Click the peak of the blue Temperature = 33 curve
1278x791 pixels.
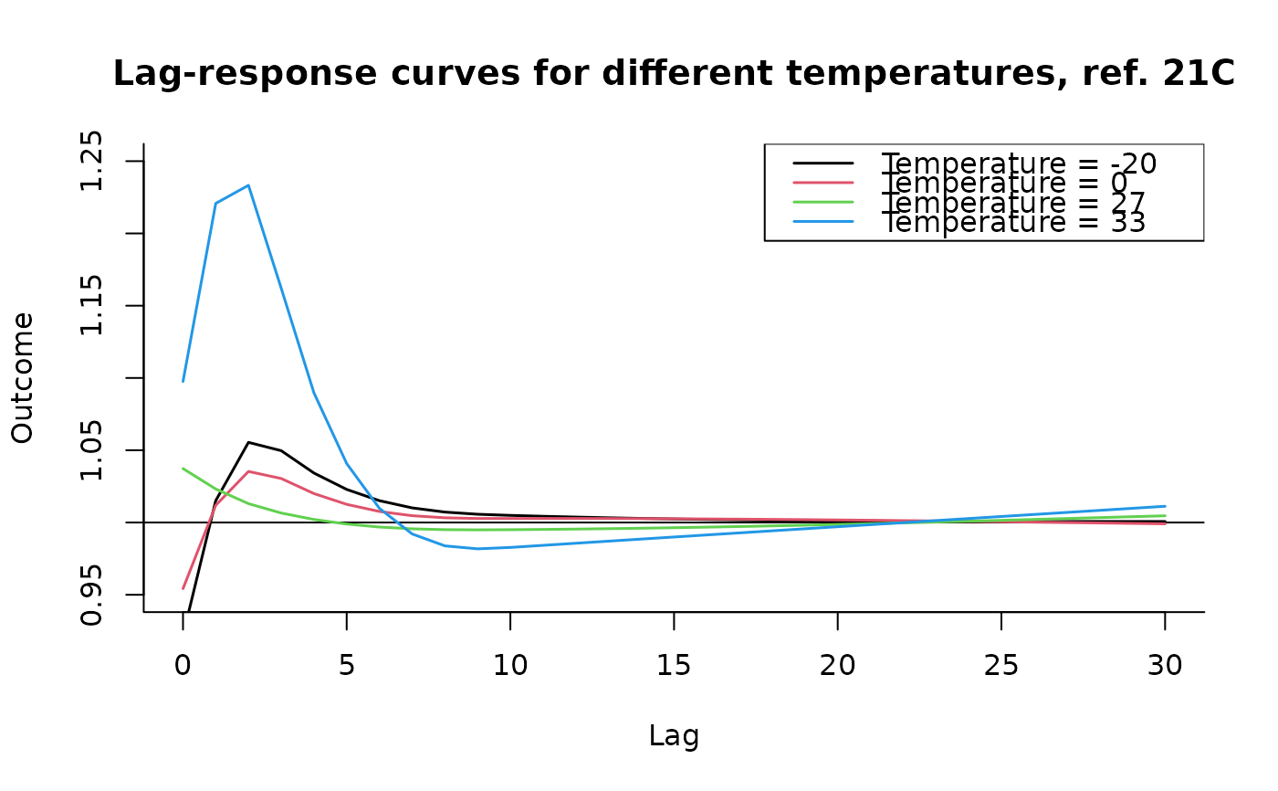click(x=248, y=185)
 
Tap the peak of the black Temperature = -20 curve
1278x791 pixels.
click(x=248, y=442)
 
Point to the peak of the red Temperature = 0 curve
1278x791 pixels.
click(x=248, y=471)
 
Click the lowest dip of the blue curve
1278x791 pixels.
click(x=477, y=548)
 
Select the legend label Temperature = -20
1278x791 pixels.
click(x=1019, y=163)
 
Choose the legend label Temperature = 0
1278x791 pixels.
click(x=1004, y=183)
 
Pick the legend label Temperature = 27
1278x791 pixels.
click(x=1013, y=202)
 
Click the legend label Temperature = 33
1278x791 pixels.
click(x=1013, y=222)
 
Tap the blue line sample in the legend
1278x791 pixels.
click(x=823, y=222)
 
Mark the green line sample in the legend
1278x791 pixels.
click(x=823, y=202)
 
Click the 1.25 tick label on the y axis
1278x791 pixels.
click(x=92, y=161)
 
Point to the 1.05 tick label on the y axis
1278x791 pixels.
click(x=92, y=450)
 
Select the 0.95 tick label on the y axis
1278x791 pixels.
click(x=92, y=595)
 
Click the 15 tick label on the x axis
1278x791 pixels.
click(x=674, y=666)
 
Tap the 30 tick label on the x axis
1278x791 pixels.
click(x=1165, y=666)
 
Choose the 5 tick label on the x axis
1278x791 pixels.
click(x=346, y=666)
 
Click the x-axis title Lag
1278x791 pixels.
click(x=674, y=735)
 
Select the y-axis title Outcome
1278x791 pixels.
click(x=23, y=377)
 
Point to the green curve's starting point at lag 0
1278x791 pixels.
click(x=183, y=469)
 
